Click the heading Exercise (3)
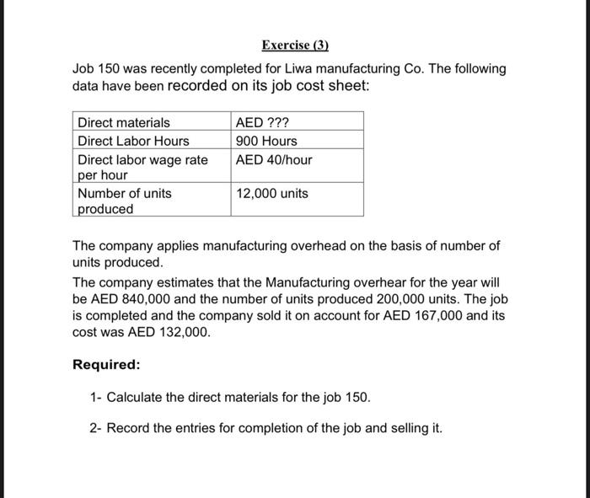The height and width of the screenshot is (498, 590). (x=294, y=44)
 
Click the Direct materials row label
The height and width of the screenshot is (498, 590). (x=123, y=123)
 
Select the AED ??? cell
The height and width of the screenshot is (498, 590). (x=263, y=123)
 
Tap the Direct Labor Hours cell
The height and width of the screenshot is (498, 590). (x=133, y=141)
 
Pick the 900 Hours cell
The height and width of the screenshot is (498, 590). (x=266, y=141)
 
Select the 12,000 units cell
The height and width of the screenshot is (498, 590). (x=272, y=193)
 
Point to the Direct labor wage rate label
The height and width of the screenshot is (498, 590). (x=142, y=167)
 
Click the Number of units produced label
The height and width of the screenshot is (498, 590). (x=124, y=201)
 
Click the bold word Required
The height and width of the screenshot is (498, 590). (x=106, y=365)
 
